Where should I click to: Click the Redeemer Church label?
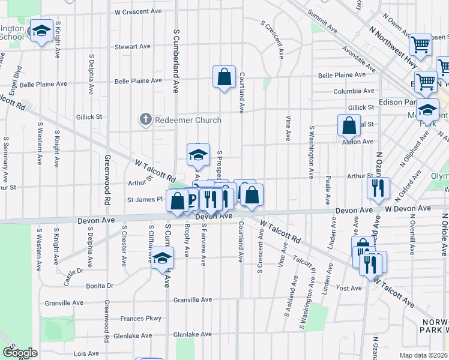pos(188,121)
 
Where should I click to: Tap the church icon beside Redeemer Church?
pos(145,120)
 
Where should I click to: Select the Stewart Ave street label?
pos(133,47)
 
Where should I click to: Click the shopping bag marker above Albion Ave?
pos(349,126)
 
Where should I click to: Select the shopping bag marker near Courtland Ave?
pos(224,77)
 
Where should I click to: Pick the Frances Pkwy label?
pos(141,319)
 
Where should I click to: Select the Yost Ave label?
pos(349,288)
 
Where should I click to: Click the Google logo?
pos(20,353)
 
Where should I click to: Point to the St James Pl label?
pos(143,199)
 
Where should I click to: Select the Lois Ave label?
pos(86,354)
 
